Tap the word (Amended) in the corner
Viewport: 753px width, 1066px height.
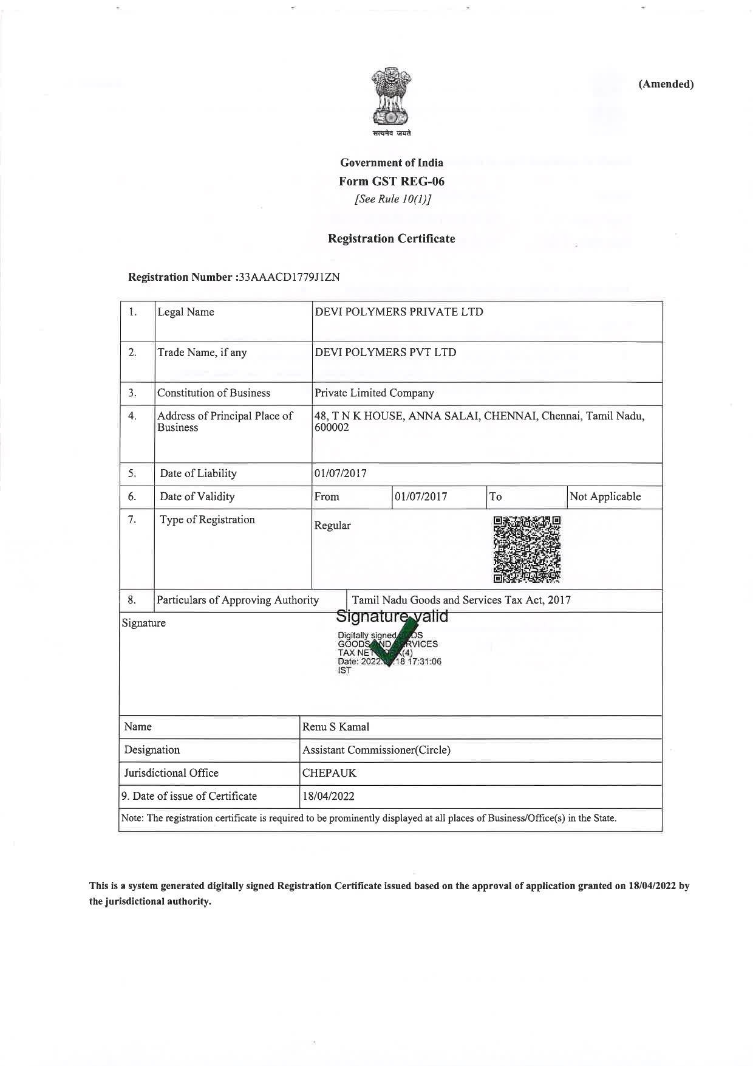(666, 84)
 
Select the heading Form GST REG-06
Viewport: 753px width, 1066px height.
(392, 181)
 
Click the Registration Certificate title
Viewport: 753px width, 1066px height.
(392, 239)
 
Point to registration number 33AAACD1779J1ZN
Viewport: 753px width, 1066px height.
(289, 277)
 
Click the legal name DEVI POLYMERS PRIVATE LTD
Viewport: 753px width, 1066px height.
(399, 312)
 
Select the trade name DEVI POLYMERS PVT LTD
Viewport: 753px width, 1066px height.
(385, 352)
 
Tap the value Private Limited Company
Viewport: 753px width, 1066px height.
(374, 393)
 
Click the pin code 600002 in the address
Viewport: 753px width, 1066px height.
(332, 428)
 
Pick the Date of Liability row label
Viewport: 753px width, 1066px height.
(198, 474)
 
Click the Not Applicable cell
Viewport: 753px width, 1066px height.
(605, 497)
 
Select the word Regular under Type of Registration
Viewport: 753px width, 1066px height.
(332, 526)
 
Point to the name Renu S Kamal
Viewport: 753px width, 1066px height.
(336, 727)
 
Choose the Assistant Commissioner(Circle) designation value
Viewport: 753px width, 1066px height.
(376, 750)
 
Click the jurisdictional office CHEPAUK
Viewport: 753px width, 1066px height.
(329, 773)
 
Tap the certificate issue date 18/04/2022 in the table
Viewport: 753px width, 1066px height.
(329, 796)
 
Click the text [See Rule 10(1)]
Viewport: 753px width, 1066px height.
(392, 199)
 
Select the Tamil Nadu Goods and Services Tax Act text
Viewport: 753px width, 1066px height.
(462, 600)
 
